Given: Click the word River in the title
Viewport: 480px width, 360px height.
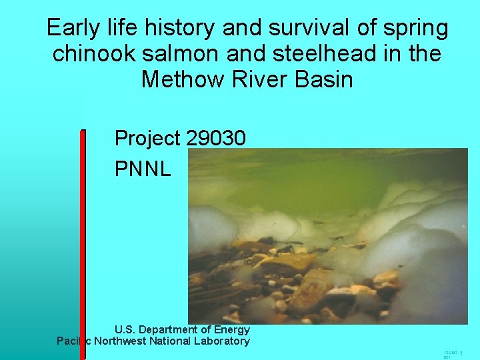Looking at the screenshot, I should coord(255,79).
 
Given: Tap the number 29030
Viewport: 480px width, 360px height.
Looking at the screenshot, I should coord(216,138).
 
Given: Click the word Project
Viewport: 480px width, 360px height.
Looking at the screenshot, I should coord(147,139).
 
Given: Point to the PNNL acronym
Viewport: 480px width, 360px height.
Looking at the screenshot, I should coord(143,169).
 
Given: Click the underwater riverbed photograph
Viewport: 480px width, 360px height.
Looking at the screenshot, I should coord(327,236).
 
